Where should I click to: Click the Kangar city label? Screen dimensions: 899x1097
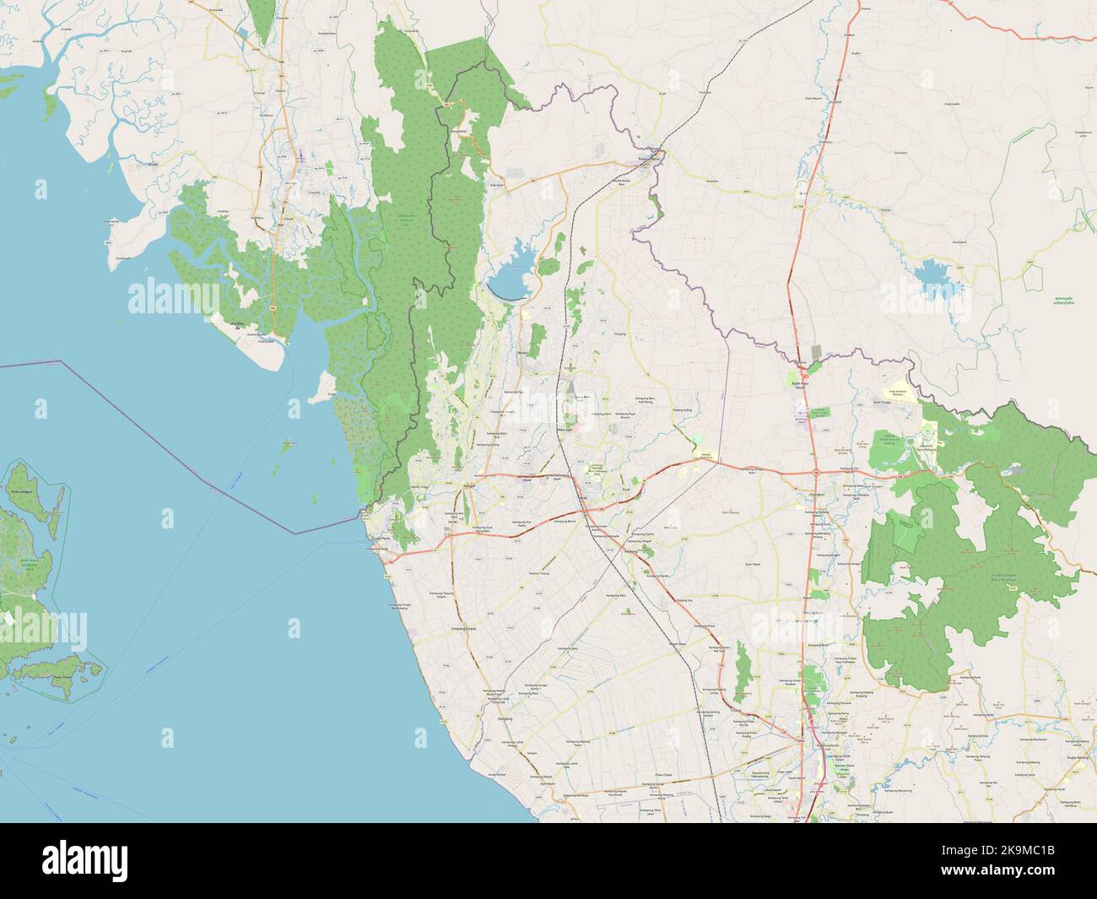470,488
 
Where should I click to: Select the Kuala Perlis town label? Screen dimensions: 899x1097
381,539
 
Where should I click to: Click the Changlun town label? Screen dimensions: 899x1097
816,496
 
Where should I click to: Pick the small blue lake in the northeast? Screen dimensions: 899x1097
931,276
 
